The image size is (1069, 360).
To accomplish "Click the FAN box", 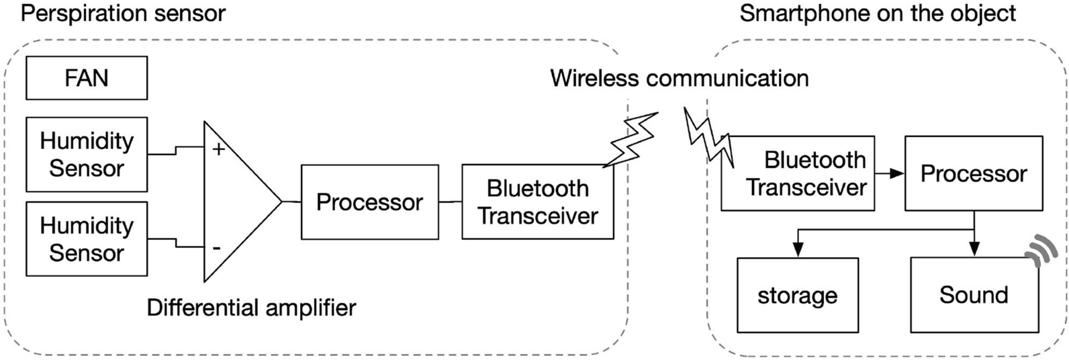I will pyautogui.click(x=86, y=78).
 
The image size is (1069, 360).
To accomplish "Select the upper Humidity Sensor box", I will pyautogui.click(x=86, y=154).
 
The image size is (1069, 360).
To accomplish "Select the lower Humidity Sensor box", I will pyautogui.click(x=86, y=239).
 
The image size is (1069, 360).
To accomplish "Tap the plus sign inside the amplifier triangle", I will pyautogui.click(x=218, y=149).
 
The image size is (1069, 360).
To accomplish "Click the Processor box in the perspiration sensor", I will pyautogui.click(x=369, y=202).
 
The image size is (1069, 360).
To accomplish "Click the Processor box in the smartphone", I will pyautogui.click(x=974, y=174).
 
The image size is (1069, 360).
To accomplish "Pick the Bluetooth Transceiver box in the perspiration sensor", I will pyautogui.click(x=537, y=202).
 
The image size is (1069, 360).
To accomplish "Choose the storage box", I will pyautogui.click(x=798, y=296).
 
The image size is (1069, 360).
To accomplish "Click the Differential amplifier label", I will pyautogui.click(x=251, y=308).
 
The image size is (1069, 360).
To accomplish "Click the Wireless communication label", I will pyautogui.click(x=679, y=78).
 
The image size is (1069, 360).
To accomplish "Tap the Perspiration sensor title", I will pyautogui.click(x=123, y=13).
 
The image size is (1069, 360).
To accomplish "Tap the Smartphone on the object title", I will pyautogui.click(x=878, y=13).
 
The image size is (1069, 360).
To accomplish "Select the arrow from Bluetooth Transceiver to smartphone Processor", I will pyautogui.click(x=890, y=174).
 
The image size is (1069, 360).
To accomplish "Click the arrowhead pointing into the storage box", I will pyautogui.click(x=798, y=250).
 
